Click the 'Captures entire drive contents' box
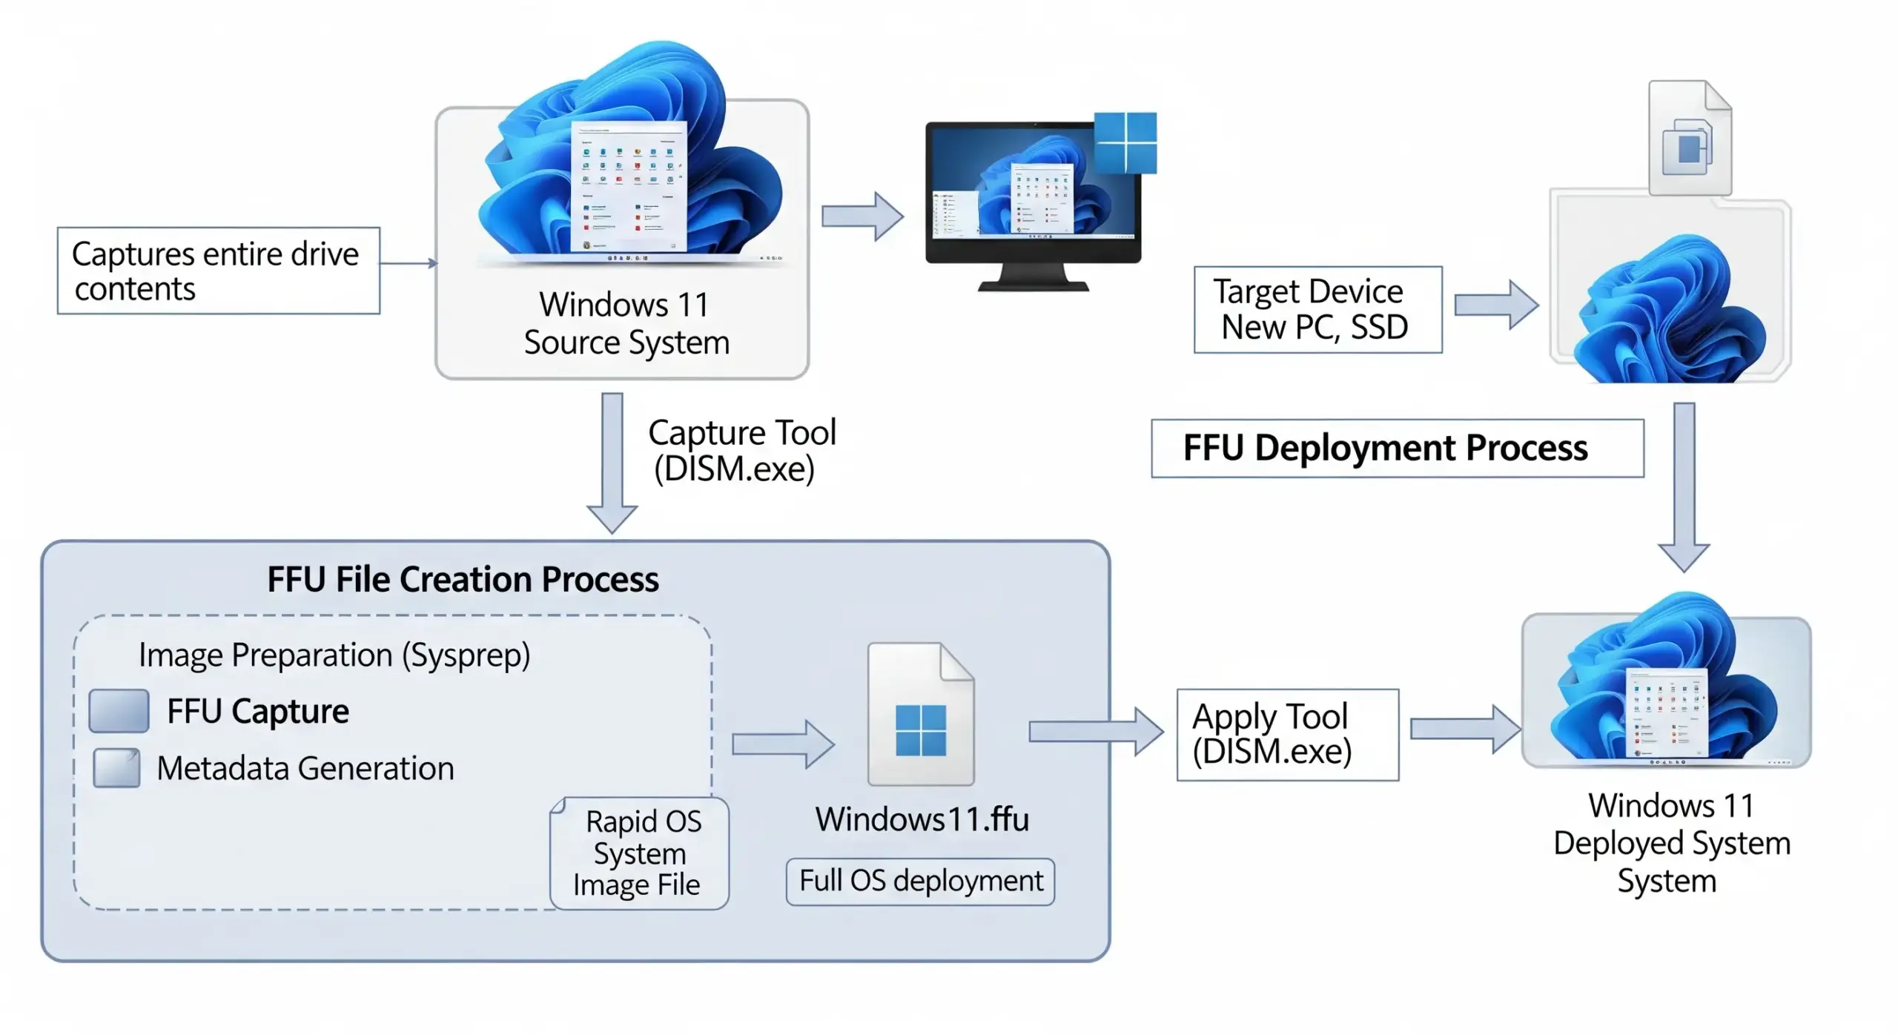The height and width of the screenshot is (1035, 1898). pyautogui.click(x=218, y=271)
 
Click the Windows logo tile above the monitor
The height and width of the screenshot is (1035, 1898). pyautogui.click(x=1125, y=142)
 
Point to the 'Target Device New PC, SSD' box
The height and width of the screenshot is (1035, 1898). pyautogui.click(x=1317, y=309)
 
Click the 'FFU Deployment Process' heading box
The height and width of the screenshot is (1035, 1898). pyautogui.click(x=1396, y=448)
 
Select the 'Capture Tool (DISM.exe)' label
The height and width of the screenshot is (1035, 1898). pyautogui.click(x=741, y=450)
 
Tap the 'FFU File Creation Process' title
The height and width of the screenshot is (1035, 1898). pyautogui.click(x=463, y=579)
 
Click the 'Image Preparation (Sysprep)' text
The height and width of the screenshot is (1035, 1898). pyautogui.click(x=334, y=655)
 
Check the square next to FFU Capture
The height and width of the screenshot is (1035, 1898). pyautogui.click(x=119, y=710)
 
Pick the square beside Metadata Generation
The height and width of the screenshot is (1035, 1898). pyautogui.click(x=116, y=767)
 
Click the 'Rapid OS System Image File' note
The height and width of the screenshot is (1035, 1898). pyautogui.click(x=639, y=853)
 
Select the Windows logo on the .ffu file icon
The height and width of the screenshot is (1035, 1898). pyautogui.click(x=920, y=730)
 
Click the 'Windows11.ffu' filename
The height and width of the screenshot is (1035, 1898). pyautogui.click(x=922, y=819)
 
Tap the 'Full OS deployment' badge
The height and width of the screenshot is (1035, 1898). pyautogui.click(x=920, y=881)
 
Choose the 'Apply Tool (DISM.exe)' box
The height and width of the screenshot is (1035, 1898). pyautogui.click(x=1286, y=734)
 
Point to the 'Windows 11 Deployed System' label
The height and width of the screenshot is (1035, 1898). pyautogui.click(x=1671, y=843)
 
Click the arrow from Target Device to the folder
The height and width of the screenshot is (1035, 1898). pyautogui.click(x=1495, y=305)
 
